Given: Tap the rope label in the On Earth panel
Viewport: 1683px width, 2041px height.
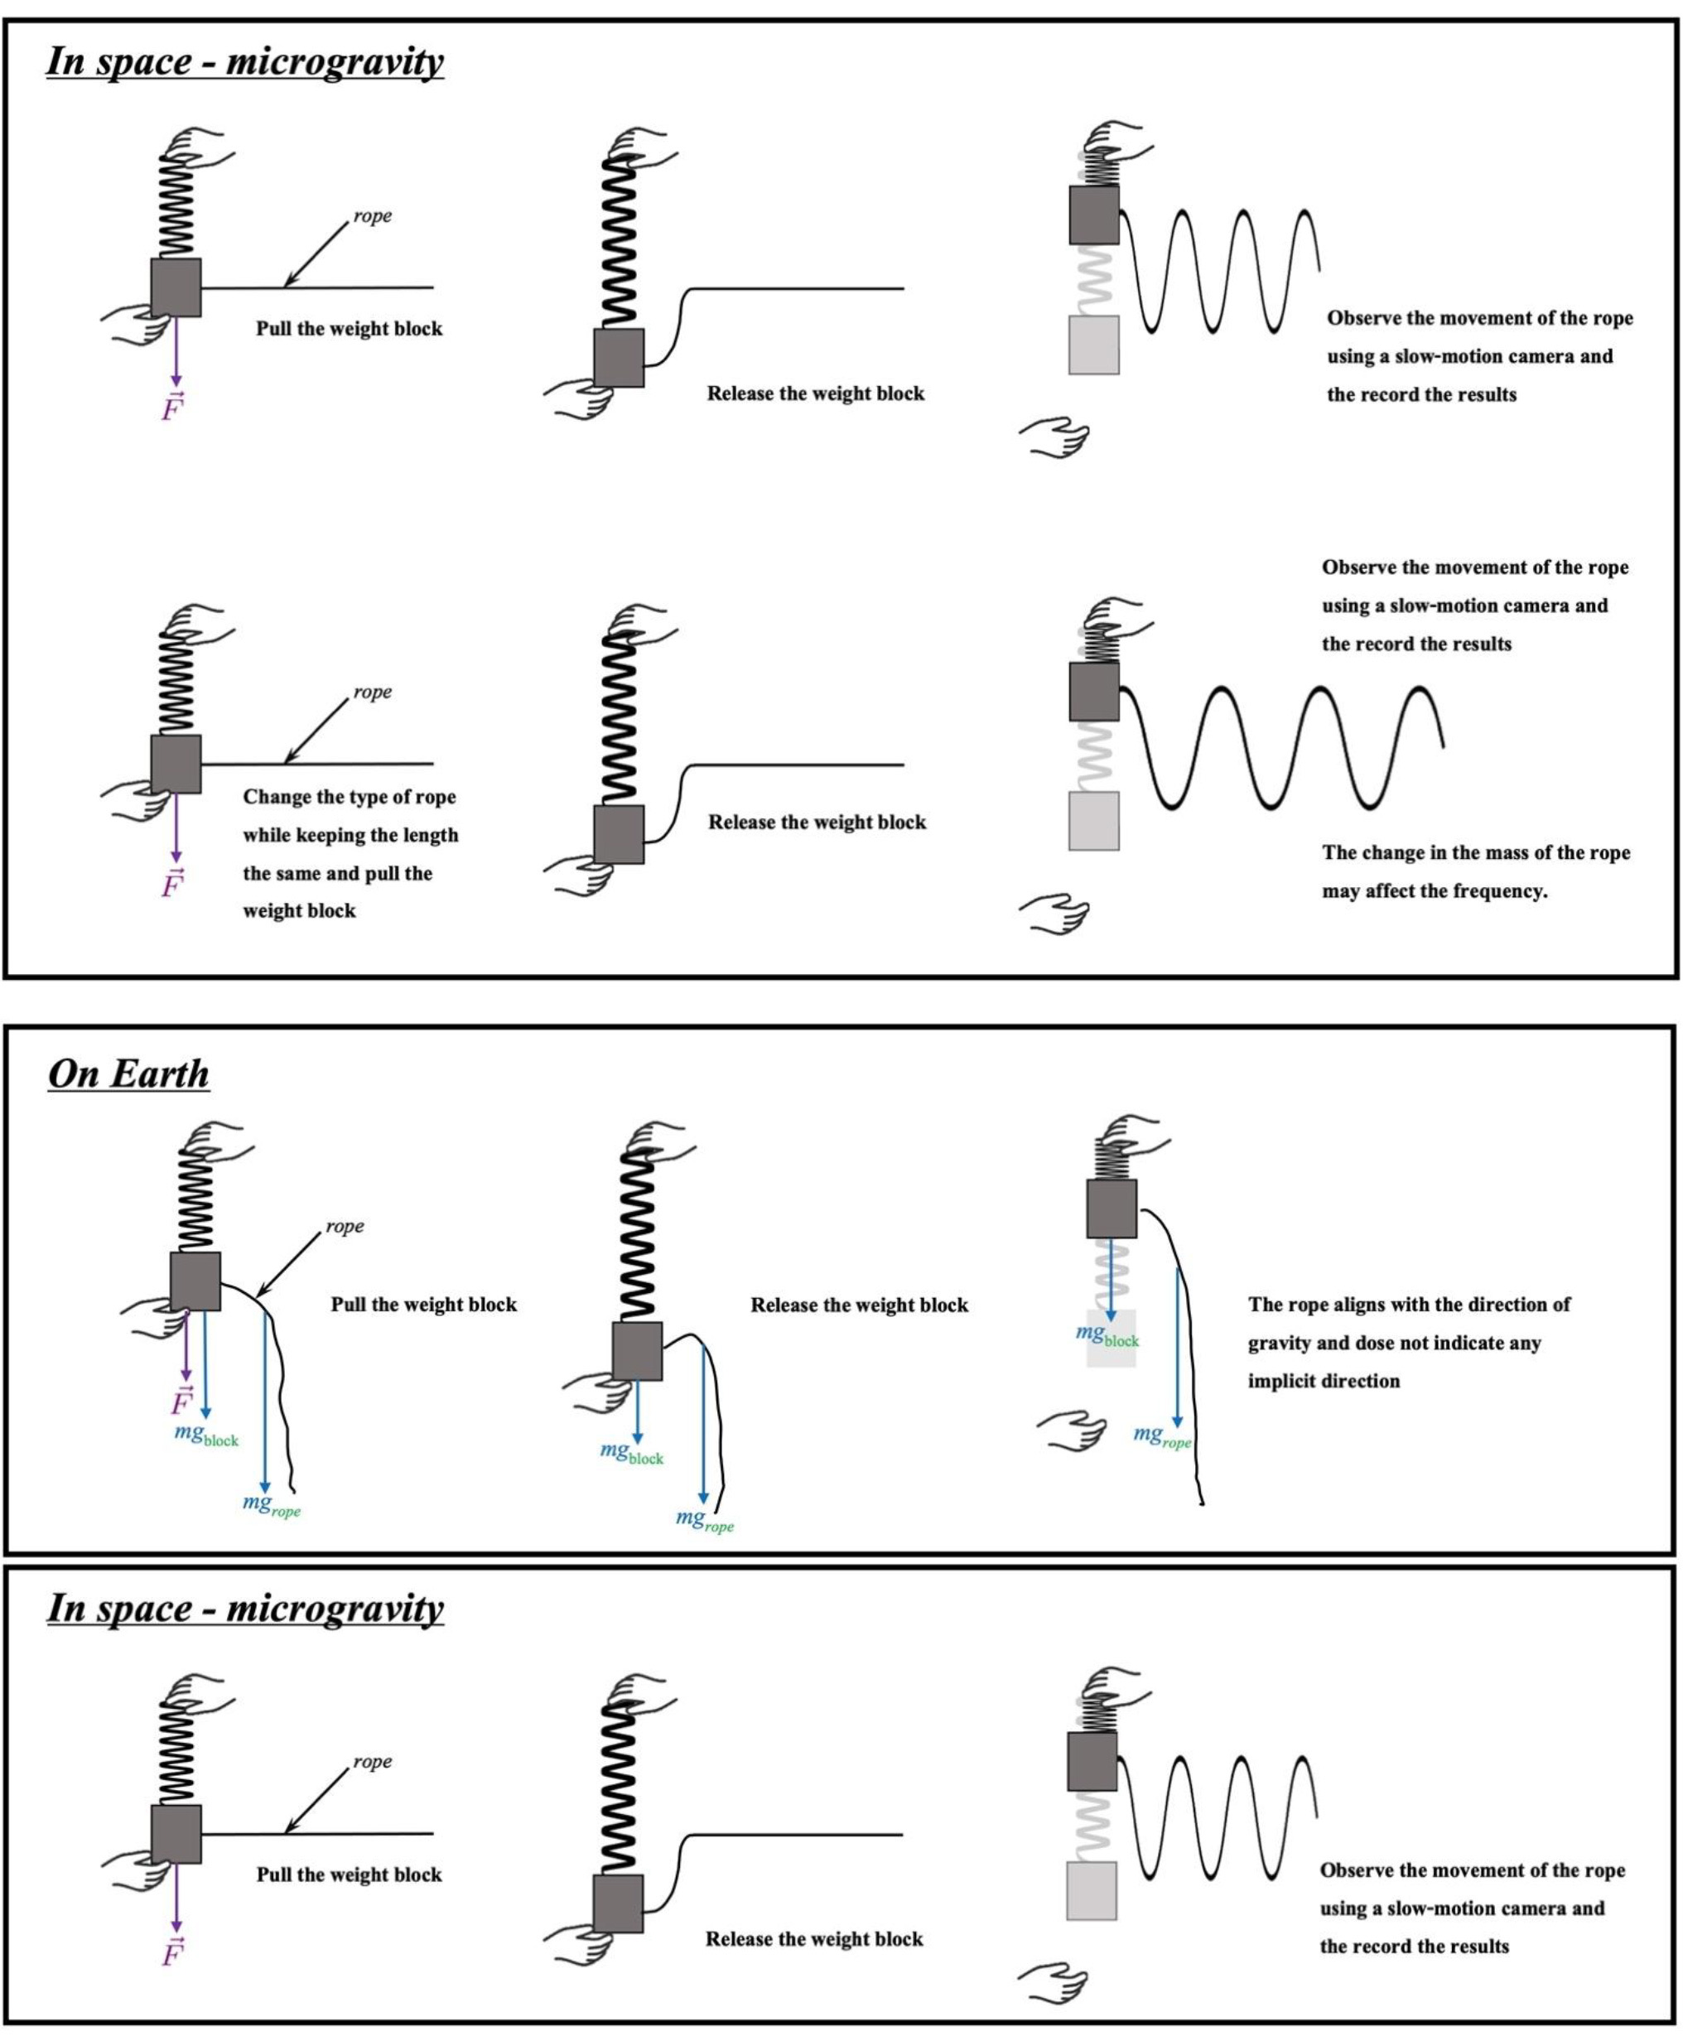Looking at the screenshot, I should pyautogui.click(x=345, y=1227).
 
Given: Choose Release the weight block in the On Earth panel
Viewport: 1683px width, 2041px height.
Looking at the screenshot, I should pyautogui.click(x=859, y=1305).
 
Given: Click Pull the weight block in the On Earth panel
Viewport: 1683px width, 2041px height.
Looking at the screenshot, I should pyautogui.click(x=424, y=1305).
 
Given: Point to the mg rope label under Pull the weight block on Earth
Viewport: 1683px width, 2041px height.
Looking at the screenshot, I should pyautogui.click(x=272, y=1505).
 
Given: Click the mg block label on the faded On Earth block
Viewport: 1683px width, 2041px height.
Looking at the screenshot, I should pyautogui.click(x=1107, y=1335).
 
